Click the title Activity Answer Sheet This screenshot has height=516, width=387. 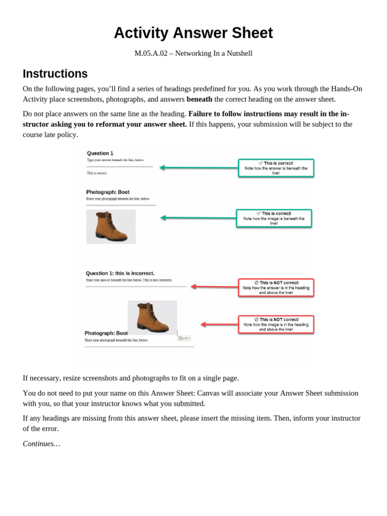pos(193,33)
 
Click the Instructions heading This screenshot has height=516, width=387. pos(55,74)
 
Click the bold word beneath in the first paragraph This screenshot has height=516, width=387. pos(199,99)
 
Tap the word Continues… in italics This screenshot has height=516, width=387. pos(41,443)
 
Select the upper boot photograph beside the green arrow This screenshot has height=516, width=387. pos(111,227)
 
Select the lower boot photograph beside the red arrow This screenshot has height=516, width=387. pos(152,317)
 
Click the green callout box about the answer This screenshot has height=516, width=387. pos(276,168)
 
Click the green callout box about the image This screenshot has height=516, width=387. pos(274,218)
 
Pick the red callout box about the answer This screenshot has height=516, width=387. pos(276,287)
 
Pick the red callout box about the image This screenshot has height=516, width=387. pos(276,325)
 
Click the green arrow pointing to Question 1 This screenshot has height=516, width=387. pos(199,168)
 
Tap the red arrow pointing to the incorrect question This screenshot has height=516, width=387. pos(214,287)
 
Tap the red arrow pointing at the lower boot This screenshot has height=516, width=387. pos(219,325)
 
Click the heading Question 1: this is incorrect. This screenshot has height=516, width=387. pos(120,273)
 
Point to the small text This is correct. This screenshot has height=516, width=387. pos(97,173)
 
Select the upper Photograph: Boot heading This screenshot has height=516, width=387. pos(108,192)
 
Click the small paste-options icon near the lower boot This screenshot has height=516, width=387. pos(184,338)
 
